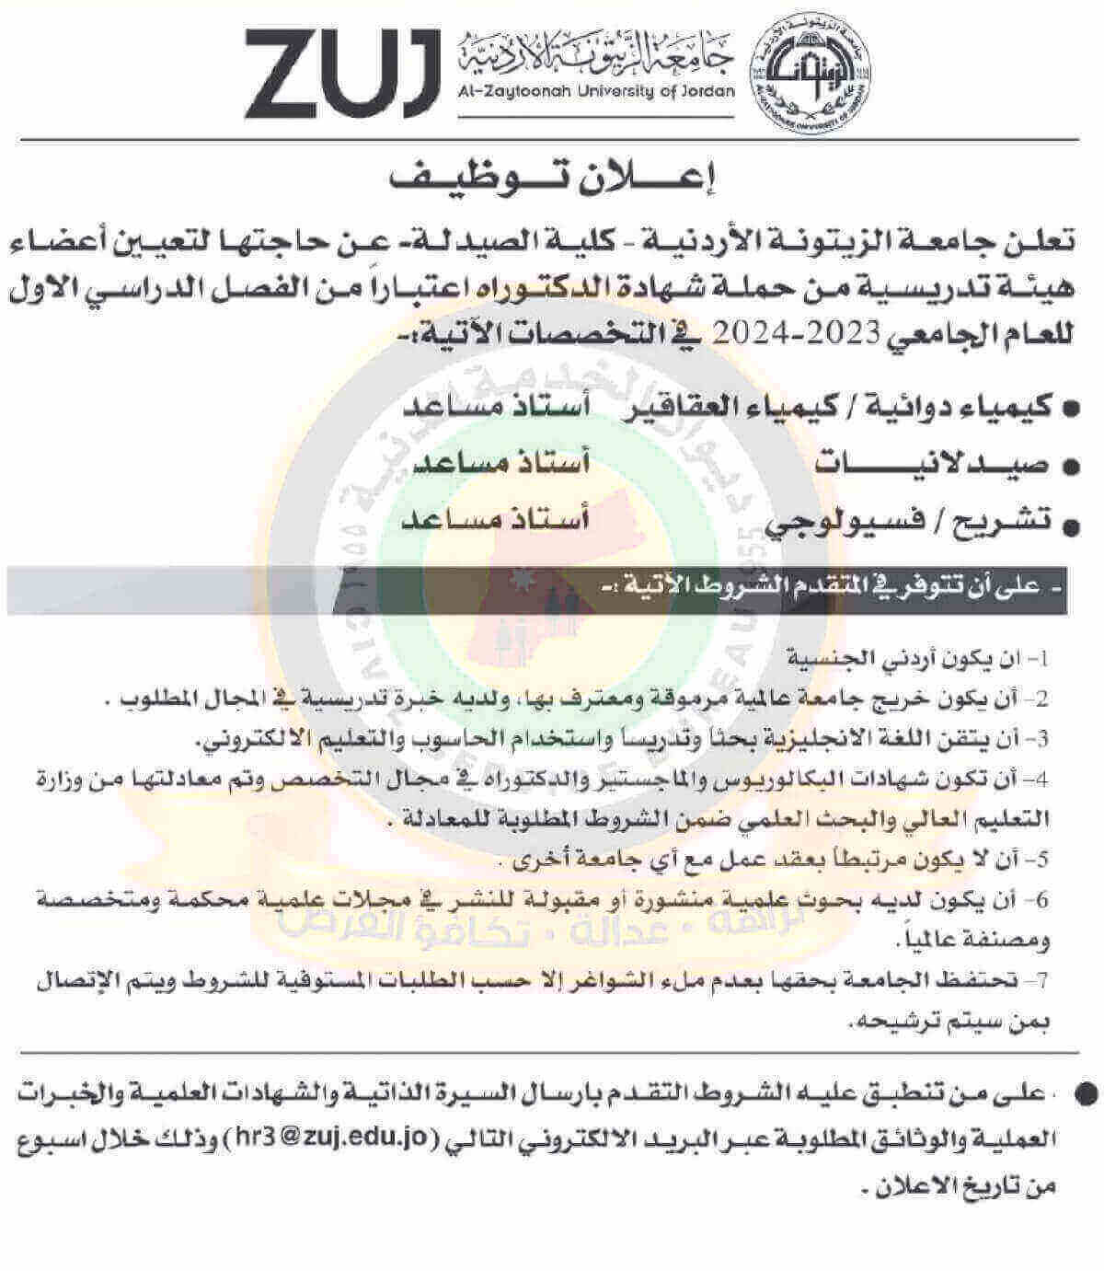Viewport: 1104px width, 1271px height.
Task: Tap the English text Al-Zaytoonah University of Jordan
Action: tap(596, 91)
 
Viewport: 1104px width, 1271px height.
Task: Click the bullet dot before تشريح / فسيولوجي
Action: tap(1069, 526)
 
